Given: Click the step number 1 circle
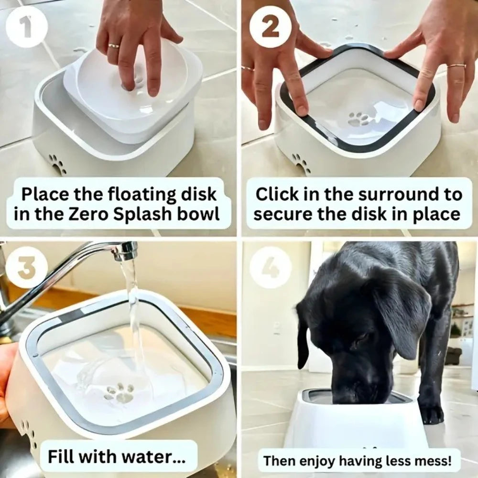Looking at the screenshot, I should pyautogui.click(x=27, y=27).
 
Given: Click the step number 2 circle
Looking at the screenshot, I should pyautogui.click(x=271, y=27).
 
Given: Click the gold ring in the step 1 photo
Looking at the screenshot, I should pyautogui.click(x=114, y=46).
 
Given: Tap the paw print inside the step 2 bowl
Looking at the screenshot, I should pyautogui.click(x=359, y=119).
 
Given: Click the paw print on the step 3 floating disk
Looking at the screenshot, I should pyautogui.click(x=119, y=393).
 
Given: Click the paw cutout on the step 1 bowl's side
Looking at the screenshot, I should pyautogui.click(x=57, y=164).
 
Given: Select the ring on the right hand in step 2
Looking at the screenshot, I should pyautogui.click(x=456, y=66).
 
